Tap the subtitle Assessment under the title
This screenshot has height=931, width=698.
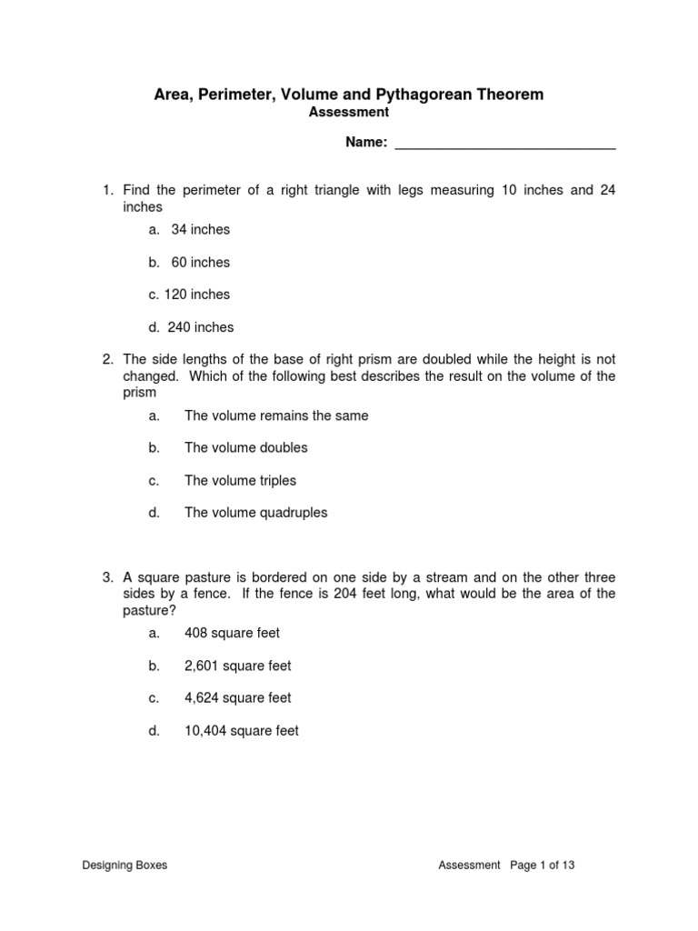(349, 112)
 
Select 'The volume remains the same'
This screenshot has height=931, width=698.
(276, 415)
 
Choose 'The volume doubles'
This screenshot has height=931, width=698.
(246, 447)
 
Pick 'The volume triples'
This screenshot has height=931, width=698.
(240, 480)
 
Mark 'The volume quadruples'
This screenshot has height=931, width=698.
(256, 513)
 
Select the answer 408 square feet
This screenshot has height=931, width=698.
(233, 633)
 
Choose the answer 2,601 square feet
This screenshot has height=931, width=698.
(238, 666)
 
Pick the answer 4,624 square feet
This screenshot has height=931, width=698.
(238, 698)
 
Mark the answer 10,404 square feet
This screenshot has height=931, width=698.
(242, 731)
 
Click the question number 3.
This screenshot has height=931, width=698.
(106, 577)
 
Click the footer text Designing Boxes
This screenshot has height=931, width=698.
(125, 866)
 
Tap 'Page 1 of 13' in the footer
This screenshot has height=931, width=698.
(543, 866)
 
